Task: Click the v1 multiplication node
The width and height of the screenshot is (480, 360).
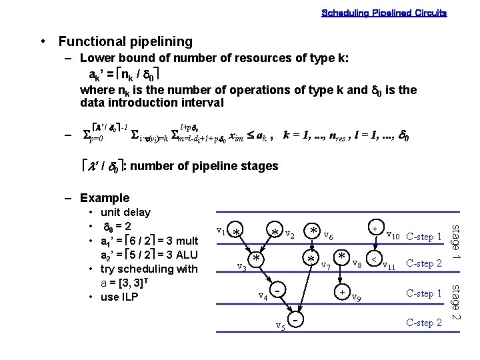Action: coord(237,232)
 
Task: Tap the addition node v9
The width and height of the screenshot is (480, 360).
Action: coord(341,292)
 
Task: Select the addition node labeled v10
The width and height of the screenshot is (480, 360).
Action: coord(375,229)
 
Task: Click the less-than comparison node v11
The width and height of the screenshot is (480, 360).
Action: coord(375,259)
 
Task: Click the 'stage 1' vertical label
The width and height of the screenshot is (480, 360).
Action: coord(457,243)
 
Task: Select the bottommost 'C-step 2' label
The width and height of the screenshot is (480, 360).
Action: coord(424,323)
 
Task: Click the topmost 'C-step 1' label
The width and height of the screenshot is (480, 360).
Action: coord(424,237)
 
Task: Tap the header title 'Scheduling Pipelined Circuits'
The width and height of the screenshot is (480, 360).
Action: coord(384,13)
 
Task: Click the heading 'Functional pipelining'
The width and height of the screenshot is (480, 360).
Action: coord(125,41)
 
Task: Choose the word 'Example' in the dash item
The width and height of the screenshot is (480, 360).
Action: coord(105,198)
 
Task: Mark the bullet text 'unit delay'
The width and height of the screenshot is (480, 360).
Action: coord(125,212)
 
